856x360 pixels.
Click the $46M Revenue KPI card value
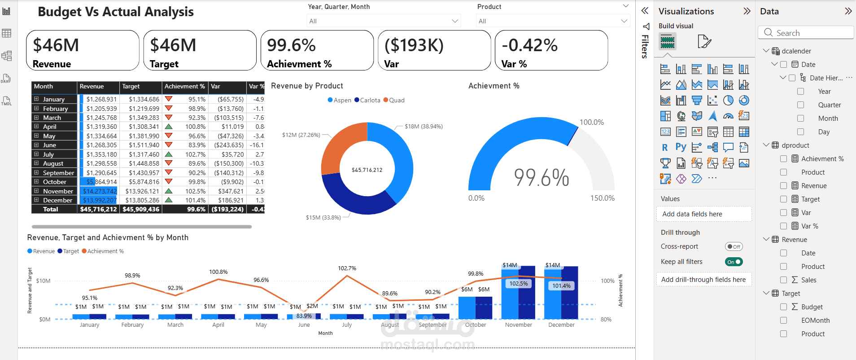[56, 45]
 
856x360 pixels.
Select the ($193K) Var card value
[414, 45]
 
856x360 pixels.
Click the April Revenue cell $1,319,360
[101, 127]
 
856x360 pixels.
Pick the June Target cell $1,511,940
[144, 145]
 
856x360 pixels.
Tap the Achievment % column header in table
[184, 86]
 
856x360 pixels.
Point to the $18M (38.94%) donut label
[423, 127]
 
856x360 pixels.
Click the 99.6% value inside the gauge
[541, 177]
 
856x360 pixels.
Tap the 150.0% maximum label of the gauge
[602, 198]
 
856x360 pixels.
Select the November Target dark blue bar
[527, 292]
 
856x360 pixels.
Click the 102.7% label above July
[347, 268]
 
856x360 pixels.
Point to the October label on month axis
[476, 325]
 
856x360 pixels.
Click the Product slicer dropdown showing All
[552, 21]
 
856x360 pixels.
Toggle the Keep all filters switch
[734, 262]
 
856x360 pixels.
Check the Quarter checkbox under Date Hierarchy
[800, 105]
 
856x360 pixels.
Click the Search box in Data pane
[806, 33]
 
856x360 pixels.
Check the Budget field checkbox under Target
[783, 307]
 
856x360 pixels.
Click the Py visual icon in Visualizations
[681, 147]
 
